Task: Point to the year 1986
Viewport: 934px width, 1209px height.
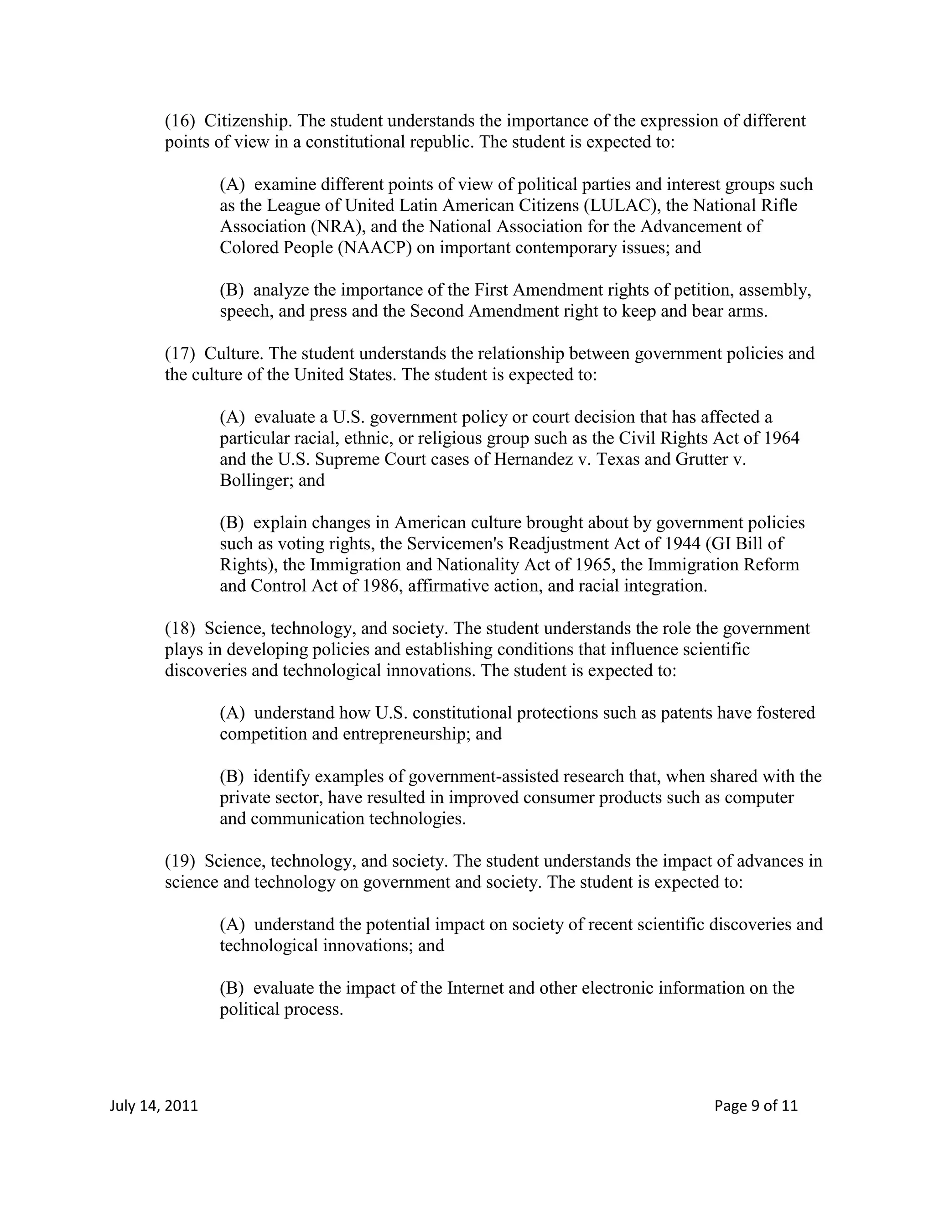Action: tap(381, 586)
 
